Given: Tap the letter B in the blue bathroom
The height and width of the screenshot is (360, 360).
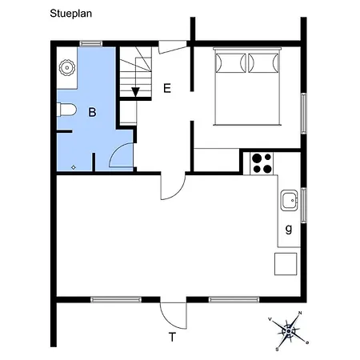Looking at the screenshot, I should point(92,113).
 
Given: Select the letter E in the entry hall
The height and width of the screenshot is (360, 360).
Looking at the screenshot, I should point(167,88).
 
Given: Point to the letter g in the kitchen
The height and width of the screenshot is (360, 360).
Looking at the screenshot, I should point(287,229).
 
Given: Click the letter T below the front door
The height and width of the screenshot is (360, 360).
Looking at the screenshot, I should point(171,337).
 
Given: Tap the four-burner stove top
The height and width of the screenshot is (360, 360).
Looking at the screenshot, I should point(262,162).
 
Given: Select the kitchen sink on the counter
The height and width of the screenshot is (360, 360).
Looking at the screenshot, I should point(289,198).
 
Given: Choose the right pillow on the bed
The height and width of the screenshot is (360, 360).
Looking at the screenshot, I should point(265,62).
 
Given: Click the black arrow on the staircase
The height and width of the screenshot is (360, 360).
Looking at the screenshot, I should point(135,90).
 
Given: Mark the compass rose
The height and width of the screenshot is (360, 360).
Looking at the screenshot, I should point(290,329).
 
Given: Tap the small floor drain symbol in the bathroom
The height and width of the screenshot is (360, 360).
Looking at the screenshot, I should point(73,167).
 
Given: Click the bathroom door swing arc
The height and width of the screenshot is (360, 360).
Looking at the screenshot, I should point(121,154).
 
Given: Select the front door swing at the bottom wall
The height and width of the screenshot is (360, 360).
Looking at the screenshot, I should point(172,311).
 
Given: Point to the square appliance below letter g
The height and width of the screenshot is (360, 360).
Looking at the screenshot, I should point(286,262).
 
